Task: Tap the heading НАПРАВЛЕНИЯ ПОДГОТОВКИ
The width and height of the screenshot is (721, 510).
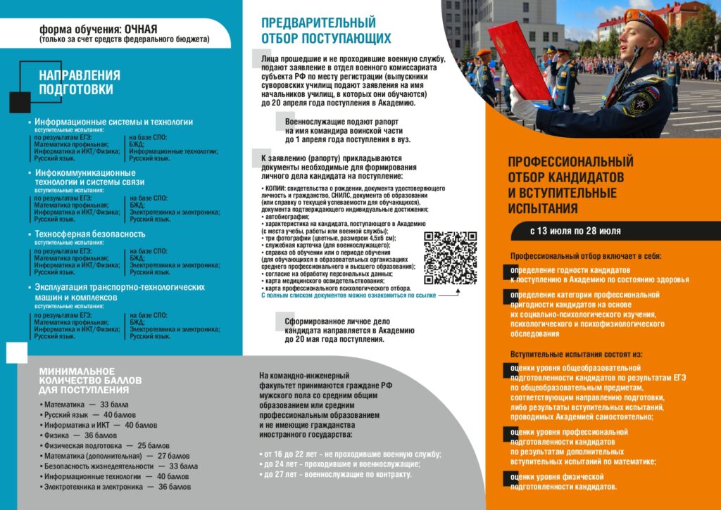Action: pyautogui.click(x=79, y=82)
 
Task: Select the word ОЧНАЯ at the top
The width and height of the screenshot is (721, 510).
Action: pyautogui.click(x=141, y=29)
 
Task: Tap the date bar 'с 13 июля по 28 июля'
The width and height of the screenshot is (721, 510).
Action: pyautogui.click(x=575, y=231)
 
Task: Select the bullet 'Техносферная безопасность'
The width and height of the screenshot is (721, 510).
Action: pyautogui.click(x=89, y=234)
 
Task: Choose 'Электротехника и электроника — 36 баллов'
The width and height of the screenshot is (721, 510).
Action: pyautogui.click(x=117, y=487)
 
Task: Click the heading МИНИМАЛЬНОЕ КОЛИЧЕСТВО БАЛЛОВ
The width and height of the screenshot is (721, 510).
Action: pyautogui.click(x=90, y=381)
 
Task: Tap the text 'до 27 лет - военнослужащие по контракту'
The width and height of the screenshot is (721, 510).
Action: pyautogui.click(x=338, y=475)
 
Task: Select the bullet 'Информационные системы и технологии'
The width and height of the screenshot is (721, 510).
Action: pyautogui.click(x=113, y=122)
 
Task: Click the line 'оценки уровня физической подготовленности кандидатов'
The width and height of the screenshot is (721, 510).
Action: pyautogui.click(x=564, y=482)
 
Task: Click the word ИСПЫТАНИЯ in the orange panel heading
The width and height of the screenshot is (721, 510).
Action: pyautogui.click(x=543, y=208)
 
